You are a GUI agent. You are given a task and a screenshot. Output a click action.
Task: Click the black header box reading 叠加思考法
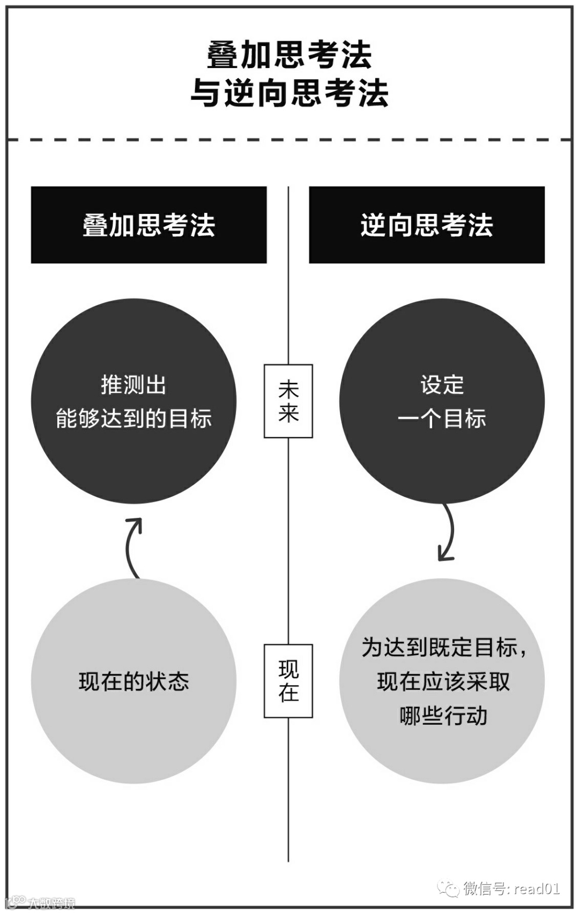point(149,225)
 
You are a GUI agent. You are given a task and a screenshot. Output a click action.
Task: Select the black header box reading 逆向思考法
point(427,225)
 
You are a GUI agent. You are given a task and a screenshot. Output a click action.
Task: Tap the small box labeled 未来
point(288,401)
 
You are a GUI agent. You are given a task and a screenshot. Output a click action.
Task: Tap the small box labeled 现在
point(288,681)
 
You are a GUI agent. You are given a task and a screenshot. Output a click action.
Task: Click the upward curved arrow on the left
point(132,547)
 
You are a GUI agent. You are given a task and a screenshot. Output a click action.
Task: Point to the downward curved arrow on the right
point(447,533)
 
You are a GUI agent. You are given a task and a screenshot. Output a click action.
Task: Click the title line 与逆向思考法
point(289,93)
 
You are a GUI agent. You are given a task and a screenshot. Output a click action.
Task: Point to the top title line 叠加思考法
point(289,55)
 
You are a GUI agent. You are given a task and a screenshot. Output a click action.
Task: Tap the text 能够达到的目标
point(133,419)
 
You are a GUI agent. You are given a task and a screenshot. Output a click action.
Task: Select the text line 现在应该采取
point(443,681)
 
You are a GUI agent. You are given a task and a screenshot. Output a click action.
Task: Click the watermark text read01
point(537,888)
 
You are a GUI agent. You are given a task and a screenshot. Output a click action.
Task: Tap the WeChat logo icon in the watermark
point(448,888)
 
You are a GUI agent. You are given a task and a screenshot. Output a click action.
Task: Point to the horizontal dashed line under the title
point(289,140)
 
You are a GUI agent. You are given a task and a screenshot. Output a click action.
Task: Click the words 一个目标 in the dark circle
point(442,419)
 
